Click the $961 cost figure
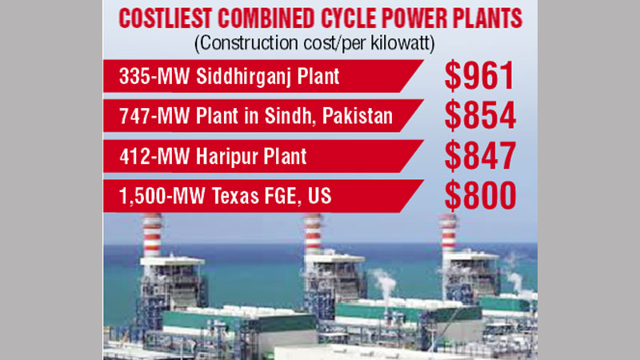pos(479,77)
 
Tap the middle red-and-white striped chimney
pos(313,234)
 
